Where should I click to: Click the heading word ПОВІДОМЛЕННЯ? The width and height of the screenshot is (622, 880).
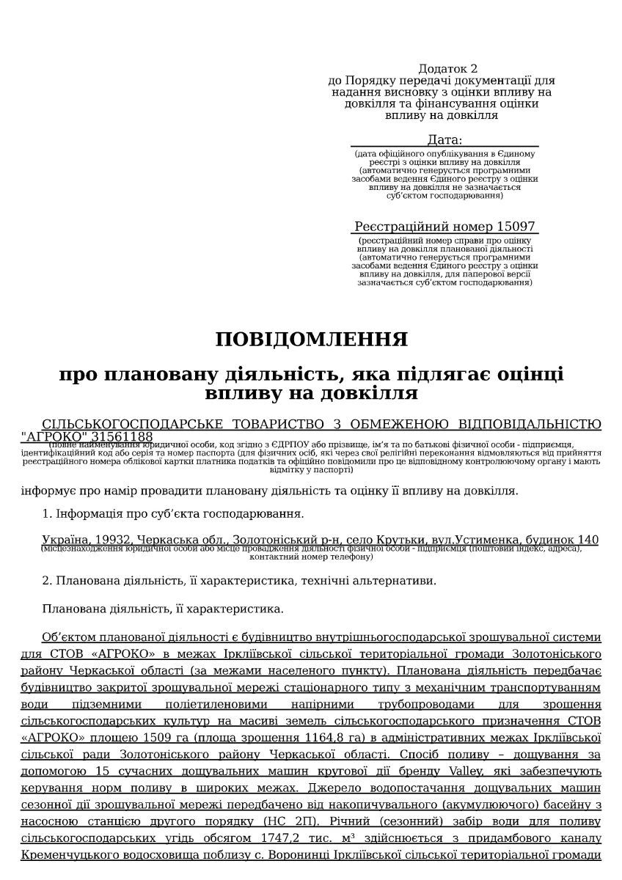[311, 340]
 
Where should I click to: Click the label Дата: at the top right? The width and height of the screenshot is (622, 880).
[444, 139]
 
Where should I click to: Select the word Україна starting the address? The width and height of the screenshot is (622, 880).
[64, 540]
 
